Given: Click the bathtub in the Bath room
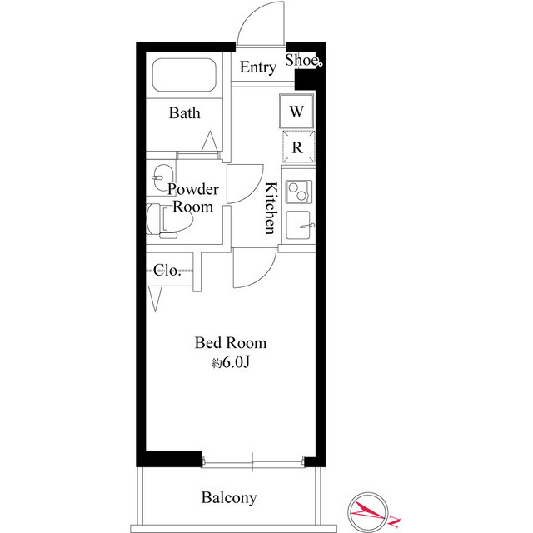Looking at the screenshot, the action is pos(184,75).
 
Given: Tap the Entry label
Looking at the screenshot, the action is pos(257,67).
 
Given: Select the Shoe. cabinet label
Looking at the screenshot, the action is pos(303,60).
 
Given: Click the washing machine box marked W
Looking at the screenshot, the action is pos(296,111).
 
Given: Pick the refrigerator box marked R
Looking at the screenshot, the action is pos(298,147).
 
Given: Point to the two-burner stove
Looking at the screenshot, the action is pos(299,192).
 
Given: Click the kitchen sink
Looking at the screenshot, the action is pos(299,225).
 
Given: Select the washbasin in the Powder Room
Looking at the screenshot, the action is pos(162,177).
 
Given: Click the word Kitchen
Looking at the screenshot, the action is pos(271,208).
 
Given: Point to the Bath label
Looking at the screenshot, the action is pos(184,113).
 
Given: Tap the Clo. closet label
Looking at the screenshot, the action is pos(167,271).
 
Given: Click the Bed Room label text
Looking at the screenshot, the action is pos(231,343).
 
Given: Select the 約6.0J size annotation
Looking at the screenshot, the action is pos(231,363).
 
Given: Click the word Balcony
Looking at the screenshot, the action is pos(229,498).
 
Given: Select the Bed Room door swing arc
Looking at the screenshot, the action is pos(266,276).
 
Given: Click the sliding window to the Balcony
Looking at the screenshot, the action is pos(252,461).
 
